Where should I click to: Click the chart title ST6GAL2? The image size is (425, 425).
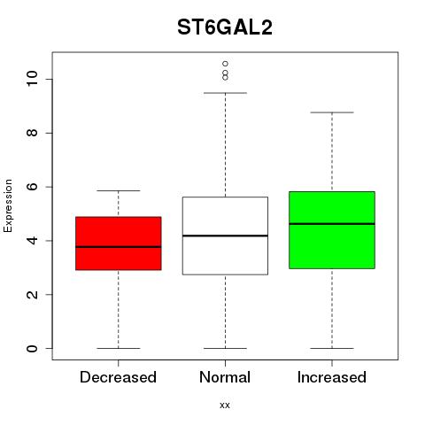point(225,27)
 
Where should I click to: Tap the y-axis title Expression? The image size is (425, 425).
point(8,205)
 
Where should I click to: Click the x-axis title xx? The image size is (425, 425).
point(225,405)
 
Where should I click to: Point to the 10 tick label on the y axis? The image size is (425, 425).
point(32,79)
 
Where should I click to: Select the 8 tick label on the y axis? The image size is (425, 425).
point(32,133)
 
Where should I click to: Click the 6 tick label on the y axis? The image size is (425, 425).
point(32,187)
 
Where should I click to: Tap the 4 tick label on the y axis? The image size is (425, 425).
point(32,241)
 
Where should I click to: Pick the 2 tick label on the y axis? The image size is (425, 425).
point(32,294)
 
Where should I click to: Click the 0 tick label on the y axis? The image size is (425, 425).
point(32,348)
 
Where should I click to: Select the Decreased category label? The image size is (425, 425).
point(118,377)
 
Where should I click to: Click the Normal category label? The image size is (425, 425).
point(225,377)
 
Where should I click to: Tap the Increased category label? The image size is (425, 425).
point(332,377)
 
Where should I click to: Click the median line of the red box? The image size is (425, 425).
point(119,247)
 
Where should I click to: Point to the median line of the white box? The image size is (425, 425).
point(225,236)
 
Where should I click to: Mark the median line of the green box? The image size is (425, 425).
point(332,224)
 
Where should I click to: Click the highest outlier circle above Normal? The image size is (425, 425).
point(225,64)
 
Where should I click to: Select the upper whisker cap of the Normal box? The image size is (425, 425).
point(225,93)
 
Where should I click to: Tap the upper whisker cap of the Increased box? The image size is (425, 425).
point(332,112)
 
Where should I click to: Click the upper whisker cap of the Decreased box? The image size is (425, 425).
point(119,190)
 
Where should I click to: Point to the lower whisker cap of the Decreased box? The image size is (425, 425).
point(119,348)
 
